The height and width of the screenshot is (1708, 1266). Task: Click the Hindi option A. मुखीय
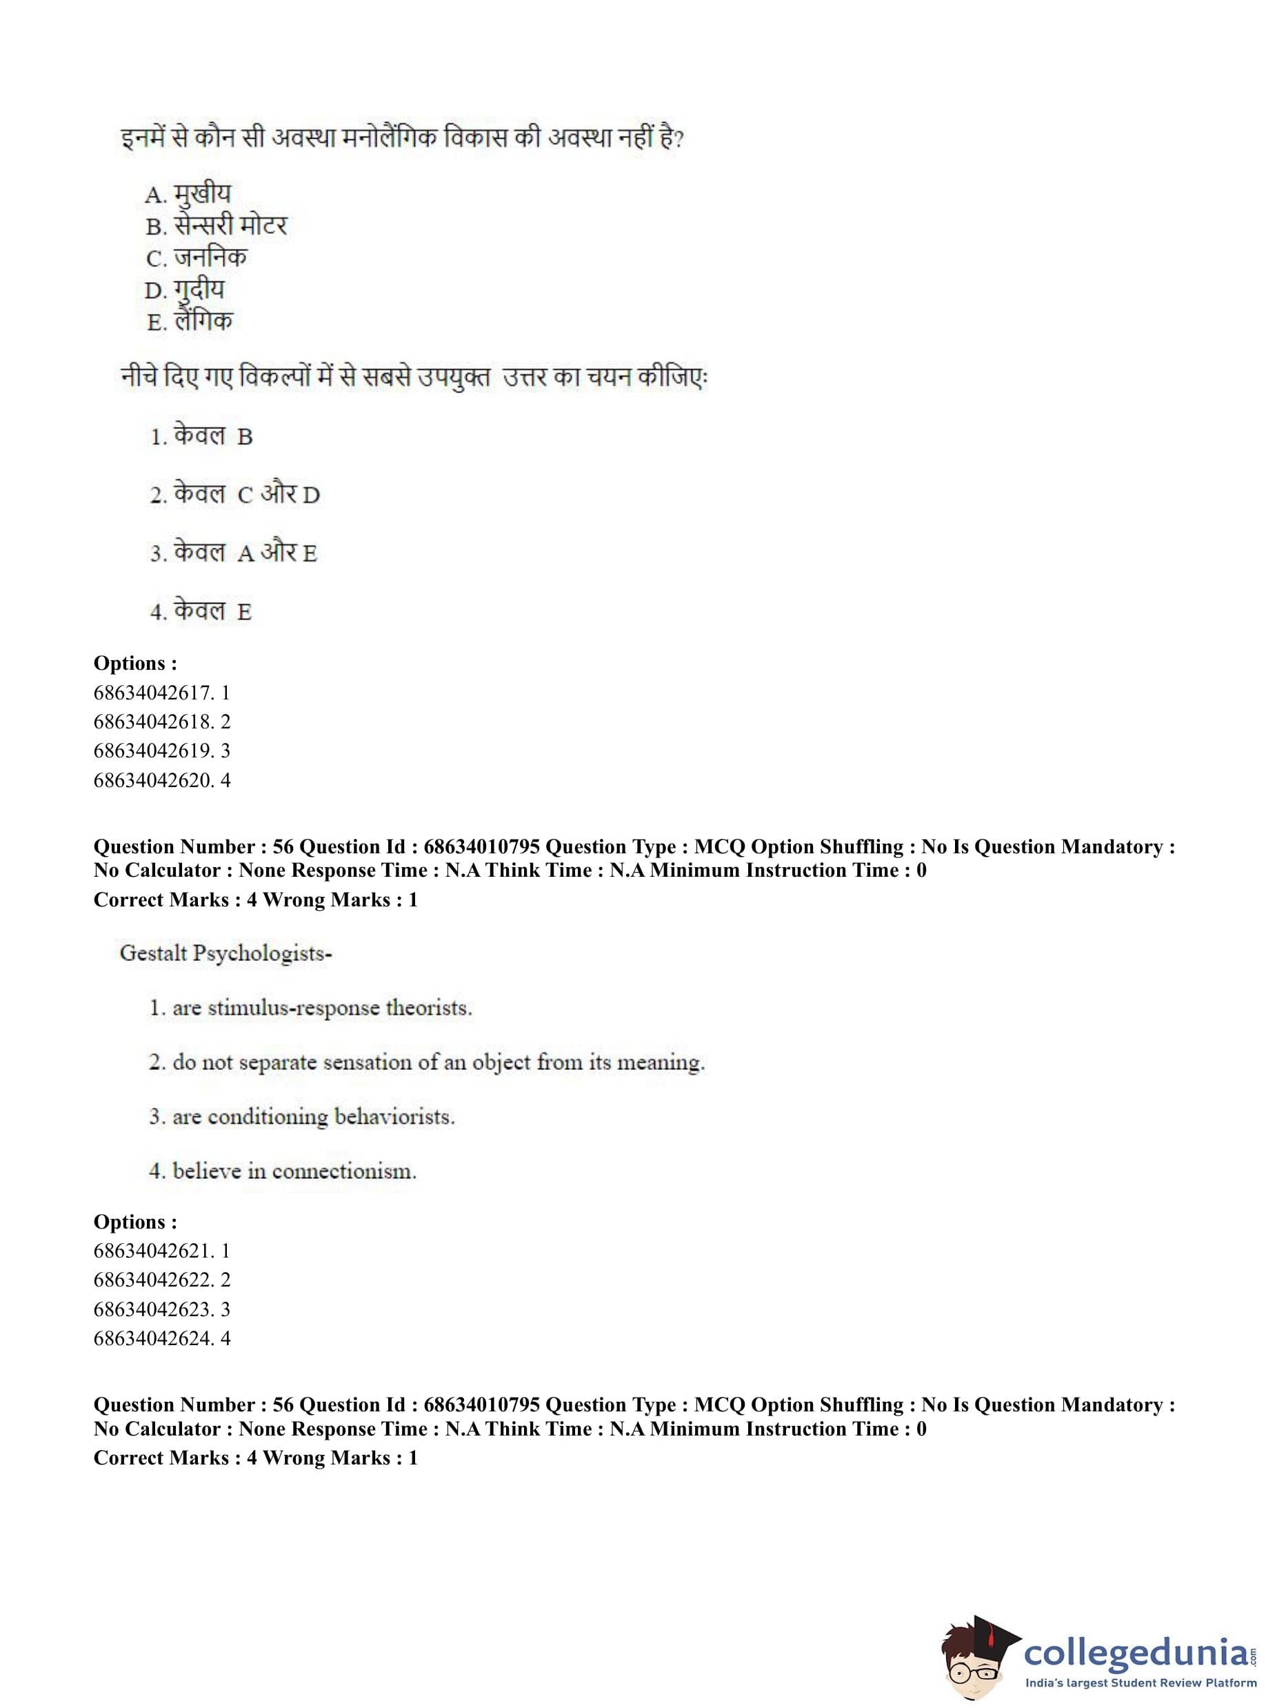pos(188,194)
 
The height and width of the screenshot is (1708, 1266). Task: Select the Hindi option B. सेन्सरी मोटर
pos(216,226)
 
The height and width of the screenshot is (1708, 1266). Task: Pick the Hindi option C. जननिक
pos(197,257)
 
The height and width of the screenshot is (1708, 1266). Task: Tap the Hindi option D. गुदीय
pos(185,290)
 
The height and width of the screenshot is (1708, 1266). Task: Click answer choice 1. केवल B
pos(201,436)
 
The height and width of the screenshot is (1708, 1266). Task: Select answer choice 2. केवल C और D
pos(234,495)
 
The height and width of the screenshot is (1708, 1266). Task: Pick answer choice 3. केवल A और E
pos(233,553)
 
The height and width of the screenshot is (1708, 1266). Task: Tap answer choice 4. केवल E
pos(201,611)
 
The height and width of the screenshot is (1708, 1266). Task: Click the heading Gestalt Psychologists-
pos(226,953)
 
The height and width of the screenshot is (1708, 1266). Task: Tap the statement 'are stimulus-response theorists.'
pos(310,1007)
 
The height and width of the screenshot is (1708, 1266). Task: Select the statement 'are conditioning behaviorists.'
pos(302,1116)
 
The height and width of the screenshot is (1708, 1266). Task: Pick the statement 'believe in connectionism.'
pos(283,1171)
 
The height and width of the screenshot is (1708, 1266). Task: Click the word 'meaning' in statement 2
pos(660,1062)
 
